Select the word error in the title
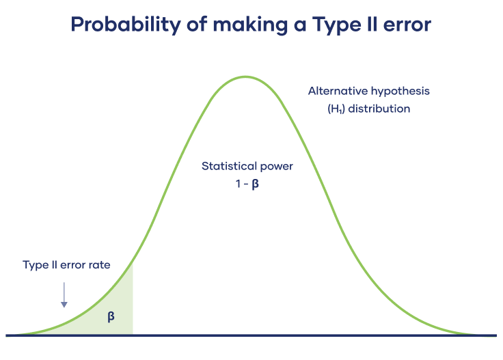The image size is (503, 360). coord(406,25)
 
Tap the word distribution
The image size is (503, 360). coord(379,109)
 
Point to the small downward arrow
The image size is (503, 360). coord(64,294)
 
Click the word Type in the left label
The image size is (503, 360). coord(34,265)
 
